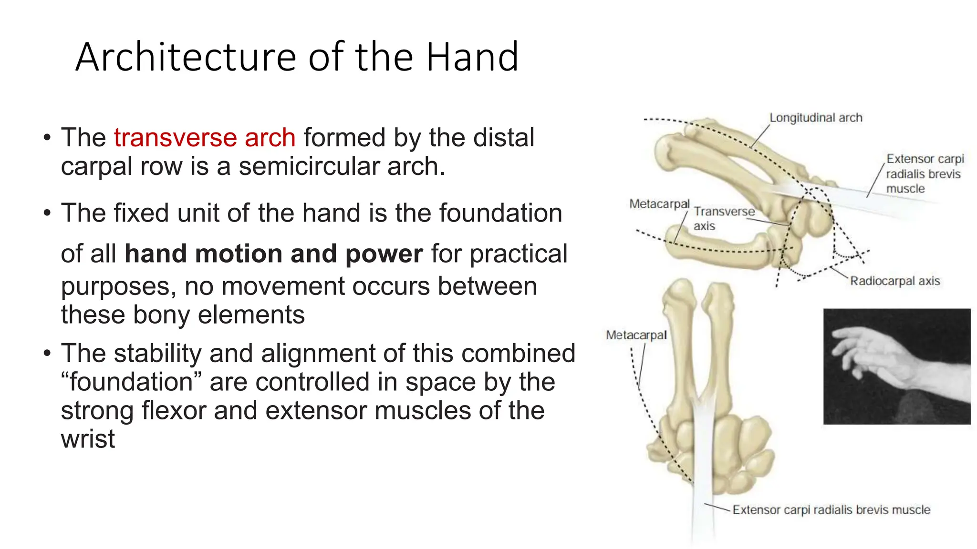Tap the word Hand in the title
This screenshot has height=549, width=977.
pyautogui.click(x=472, y=57)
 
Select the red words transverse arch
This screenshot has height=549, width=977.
pyautogui.click(x=205, y=138)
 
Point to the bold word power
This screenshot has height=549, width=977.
pyautogui.click(x=384, y=254)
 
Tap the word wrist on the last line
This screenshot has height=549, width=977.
pyautogui.click(x=88, y=438)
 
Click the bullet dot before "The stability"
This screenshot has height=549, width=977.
pyautogui.click(x=46, y=354)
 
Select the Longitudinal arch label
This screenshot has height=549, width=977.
pyautogui.click(x=815, y=118)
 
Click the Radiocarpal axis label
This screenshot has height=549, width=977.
pyautogui.click(x=894, y=281)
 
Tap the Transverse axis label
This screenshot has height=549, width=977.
pyautogui.click(x=723, y=218)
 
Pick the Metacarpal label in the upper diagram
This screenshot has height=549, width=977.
pyautogui.click(x=659, y=204)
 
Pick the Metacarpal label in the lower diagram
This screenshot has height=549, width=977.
pyautogui.click(x=636, y=335)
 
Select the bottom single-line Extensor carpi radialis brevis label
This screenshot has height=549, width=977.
pyautogui.click(x=831, y=510)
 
